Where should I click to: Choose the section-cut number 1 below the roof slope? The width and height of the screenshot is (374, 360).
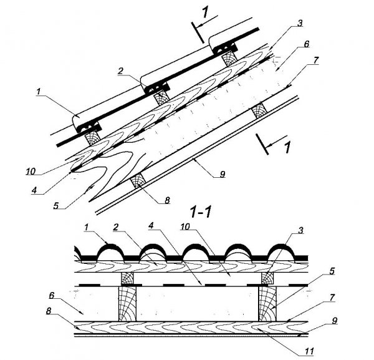(287, 149)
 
